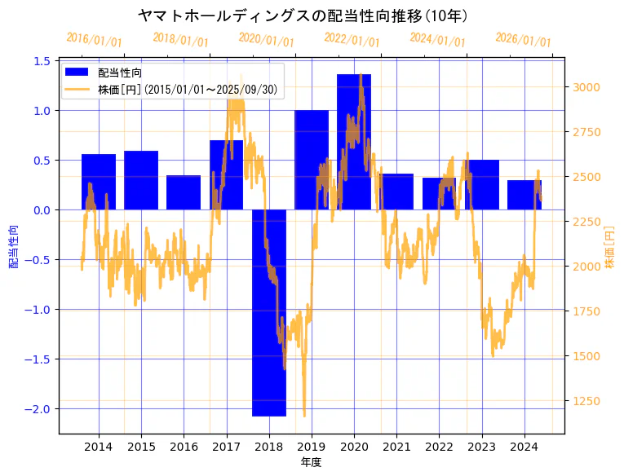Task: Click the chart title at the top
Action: [303, 15]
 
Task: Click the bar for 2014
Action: [99, 182]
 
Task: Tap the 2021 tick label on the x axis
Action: [396, 447]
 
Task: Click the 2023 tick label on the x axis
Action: [481, 447]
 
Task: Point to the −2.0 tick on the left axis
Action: [39, 408]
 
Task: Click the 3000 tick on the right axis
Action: [587, 87]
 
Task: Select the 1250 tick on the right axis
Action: [587, 400]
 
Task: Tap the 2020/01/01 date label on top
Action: [266, 40]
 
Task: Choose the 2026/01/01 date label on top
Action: [523, 40]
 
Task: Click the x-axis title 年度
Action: [312, 462]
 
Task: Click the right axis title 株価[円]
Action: [609, 247]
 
